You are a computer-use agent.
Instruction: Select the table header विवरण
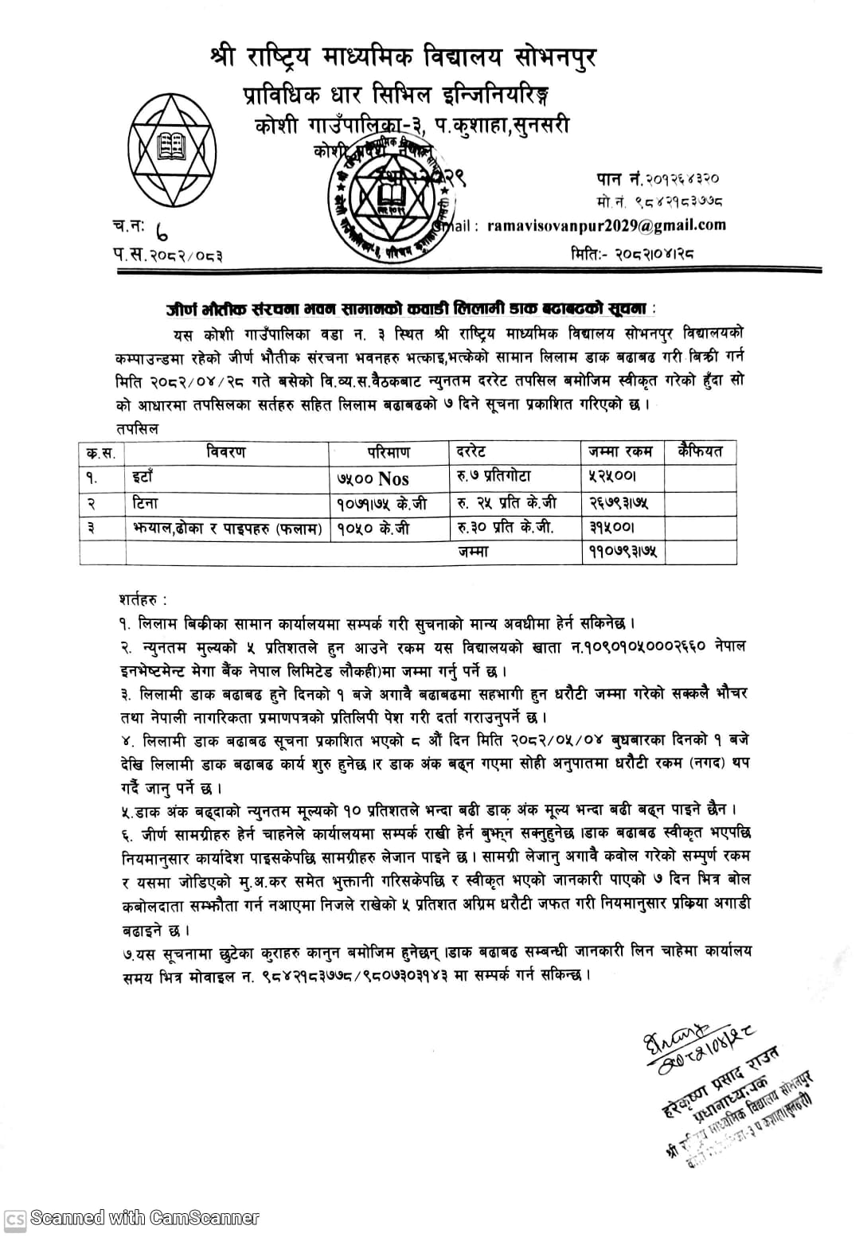click(x=226, y=452)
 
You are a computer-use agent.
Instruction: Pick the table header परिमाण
click(x=389, y=452)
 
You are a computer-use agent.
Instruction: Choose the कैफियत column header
click(x=700, y=452)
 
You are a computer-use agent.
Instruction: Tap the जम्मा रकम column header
click(x=620, y=452)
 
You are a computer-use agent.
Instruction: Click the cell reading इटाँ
click(x=143, y=478)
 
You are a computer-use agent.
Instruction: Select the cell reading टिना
click(x=146, y=503)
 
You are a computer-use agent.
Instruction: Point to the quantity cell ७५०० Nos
click(x=373, y=478)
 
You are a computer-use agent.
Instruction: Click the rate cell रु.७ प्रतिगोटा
click(x=494, y=477)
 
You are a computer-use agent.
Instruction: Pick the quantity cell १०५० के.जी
click(x=373, y=528)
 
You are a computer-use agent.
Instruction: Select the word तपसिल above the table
click(x=138, y=428)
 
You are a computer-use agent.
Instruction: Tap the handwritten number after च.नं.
click(x=162, y=232)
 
